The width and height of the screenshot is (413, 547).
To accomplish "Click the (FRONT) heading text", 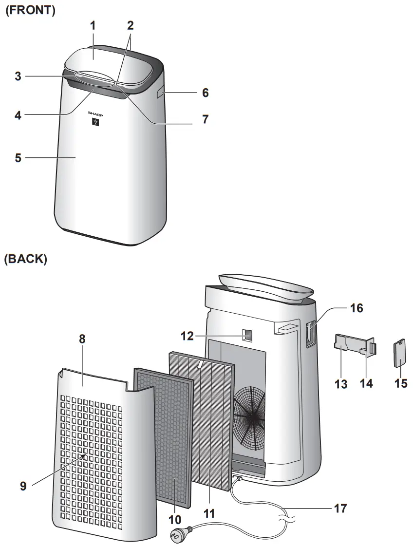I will click(x=30, y=10).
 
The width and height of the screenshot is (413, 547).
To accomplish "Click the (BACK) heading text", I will click(x=26, y=260).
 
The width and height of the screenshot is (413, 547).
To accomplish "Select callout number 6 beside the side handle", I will click(x=205, y=93).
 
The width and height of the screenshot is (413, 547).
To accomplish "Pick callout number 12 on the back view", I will click(x=188, y=336).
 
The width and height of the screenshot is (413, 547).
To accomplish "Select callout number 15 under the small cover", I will click(x=400, y=383).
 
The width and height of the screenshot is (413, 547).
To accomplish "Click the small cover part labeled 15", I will click(x=400, y=354).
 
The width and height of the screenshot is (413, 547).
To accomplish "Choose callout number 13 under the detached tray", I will click(x=341, y=383).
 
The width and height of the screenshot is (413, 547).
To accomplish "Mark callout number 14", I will click(x=366, y=383).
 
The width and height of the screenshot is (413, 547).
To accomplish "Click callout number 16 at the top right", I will click(x=356, y=308).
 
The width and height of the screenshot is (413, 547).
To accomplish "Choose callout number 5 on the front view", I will click(x=18, y=158).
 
